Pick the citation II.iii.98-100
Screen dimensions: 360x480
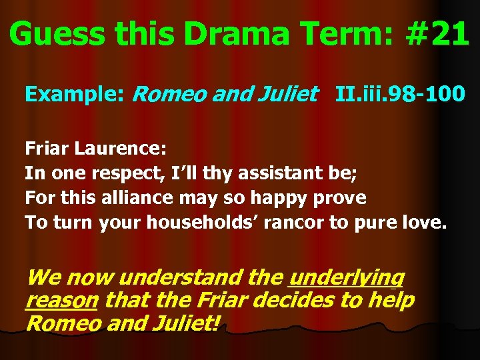click(401, 95)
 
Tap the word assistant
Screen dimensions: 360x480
click(287, 174)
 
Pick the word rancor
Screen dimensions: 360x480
click(289, 223)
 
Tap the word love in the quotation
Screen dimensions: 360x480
click(423, 223)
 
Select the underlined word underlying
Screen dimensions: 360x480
click(346, 277)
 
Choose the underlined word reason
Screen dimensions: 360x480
click(61, 301)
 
